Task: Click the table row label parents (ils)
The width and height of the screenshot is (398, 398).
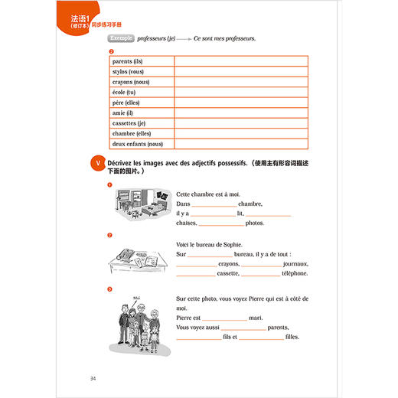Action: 128,61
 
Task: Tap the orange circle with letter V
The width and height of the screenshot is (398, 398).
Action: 96,164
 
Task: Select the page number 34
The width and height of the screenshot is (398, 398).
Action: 93,378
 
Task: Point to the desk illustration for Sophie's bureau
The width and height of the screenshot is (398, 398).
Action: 140,260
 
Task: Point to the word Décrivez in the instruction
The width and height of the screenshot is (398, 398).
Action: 122,163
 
